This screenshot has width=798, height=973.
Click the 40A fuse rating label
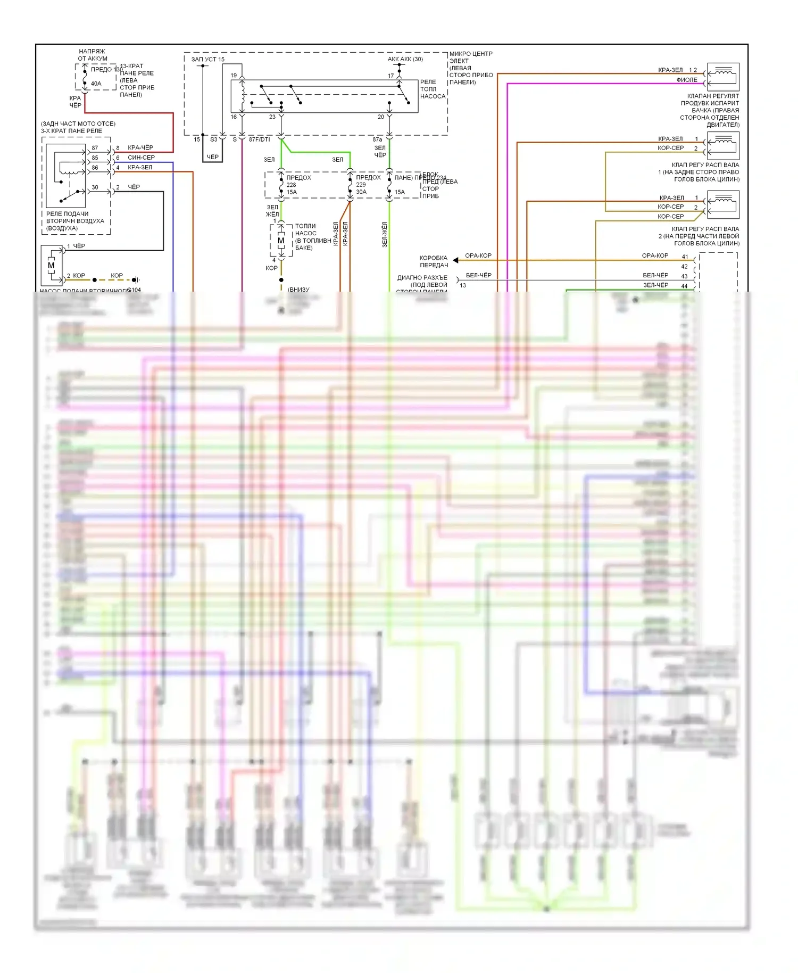coord(96,84)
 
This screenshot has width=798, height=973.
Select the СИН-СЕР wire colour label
coord(141,158)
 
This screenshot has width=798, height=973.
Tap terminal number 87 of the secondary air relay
coord(95,148)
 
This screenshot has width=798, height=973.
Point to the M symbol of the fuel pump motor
coord(281,241)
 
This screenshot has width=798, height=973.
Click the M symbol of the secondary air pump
coord(51,265)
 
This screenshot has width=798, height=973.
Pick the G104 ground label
coord(134,290)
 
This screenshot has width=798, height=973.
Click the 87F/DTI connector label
coord(260,139)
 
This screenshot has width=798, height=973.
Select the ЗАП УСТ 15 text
coord(208,59)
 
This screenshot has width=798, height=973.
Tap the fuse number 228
coord(291,185)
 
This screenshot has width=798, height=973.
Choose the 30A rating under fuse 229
coord(361,192)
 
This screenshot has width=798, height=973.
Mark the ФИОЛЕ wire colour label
coord(687,80)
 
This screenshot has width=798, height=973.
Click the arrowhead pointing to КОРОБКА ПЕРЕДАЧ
coord(456,260)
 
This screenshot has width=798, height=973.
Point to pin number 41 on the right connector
coord(685,257)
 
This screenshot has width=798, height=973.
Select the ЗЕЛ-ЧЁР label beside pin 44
coord(655,285)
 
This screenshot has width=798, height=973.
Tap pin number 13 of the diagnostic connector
coord(463,285)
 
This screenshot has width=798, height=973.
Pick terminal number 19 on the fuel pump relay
coord(234,76)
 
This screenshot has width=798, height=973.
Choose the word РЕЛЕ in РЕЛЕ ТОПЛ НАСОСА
coord(428,82)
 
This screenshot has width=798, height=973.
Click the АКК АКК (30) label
coord(405,59)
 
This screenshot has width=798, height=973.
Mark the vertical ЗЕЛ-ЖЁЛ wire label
coord(385,234)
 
